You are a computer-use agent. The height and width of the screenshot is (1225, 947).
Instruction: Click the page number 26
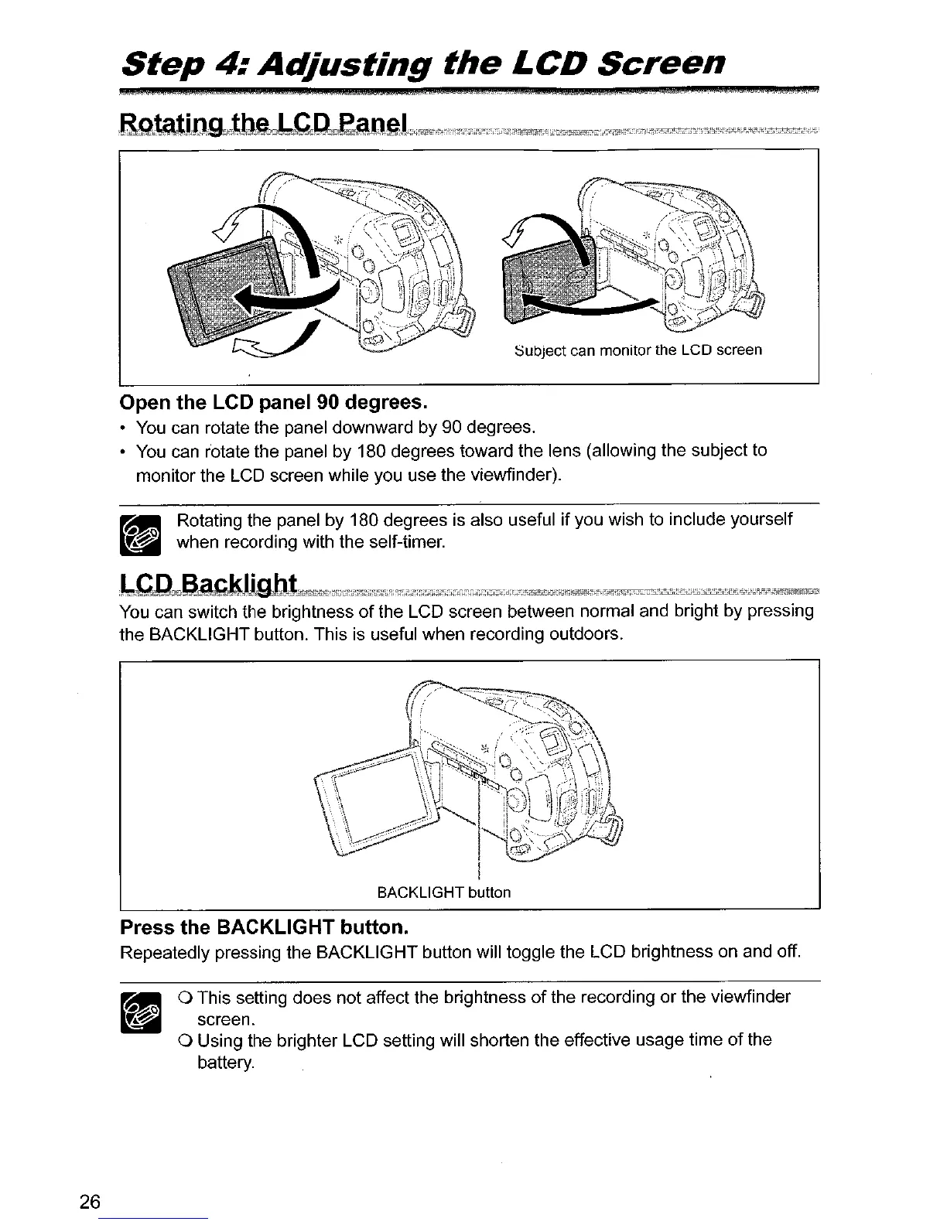point(90,1201)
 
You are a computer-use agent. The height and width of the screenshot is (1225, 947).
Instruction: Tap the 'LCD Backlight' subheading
point(208,583)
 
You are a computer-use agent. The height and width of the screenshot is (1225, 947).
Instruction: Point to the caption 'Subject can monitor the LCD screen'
point(639,350)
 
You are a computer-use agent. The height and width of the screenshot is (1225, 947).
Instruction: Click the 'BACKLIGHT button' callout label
point(443,892)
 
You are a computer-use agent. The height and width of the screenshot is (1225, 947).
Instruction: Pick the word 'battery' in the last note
point(225,1063)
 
